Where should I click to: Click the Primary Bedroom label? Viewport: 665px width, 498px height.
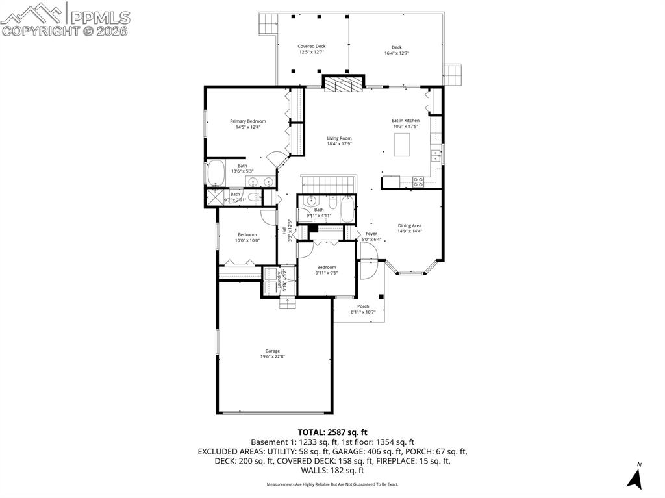pyautogui.click(x=247, y=124)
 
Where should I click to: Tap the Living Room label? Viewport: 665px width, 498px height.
pyautogui.click(x=339, y=141)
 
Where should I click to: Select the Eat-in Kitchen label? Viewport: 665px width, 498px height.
pyautogui.click(x=405, y=123)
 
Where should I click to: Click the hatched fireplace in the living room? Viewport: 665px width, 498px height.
pyautogui.click(x=342, y=83)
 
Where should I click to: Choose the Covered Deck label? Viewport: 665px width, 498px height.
pyautogui.click(x=312, y=49)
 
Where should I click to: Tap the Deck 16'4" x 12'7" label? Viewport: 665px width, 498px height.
pyautogui.click(x=397, y=50)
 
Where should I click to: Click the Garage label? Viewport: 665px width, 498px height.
pyautogui.click(x=272, y=353)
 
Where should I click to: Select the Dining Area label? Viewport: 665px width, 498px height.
pyautogui.click(x=410, y=228)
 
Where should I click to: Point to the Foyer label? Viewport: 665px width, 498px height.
pyautogui.click(x=371, y=236)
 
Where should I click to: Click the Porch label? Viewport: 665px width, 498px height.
pyautogui.click(x=363, y=309)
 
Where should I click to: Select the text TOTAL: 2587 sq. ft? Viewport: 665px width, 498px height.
pyautogui.click(x=332, y=432)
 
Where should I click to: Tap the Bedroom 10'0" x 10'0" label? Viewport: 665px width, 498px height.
pyautogui.click(x=247, y=237)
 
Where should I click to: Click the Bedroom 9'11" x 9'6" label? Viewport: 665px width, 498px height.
pyautogui.click(x=327, y=270)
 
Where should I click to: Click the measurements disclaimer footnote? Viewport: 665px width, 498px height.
pyautogui.click(x=332, y=484)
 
